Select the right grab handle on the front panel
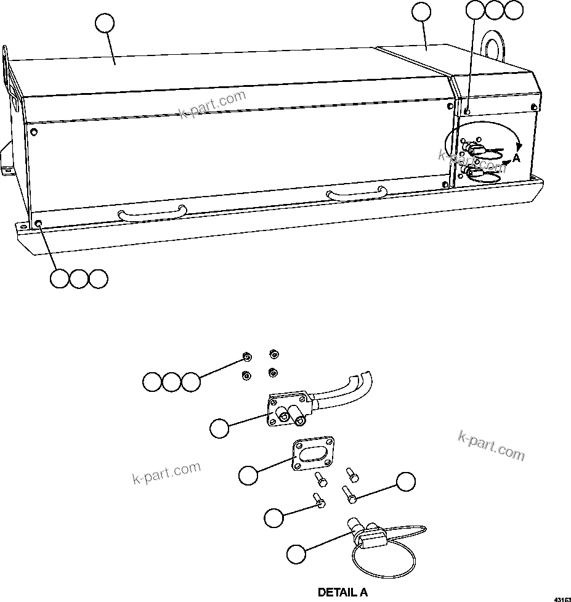357,194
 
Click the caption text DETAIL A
342,592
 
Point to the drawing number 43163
561,598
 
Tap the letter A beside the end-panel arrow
516,158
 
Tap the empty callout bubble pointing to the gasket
248,475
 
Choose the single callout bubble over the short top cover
421,11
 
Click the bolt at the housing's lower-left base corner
39,222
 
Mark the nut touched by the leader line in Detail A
246,357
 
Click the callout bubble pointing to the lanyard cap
296,553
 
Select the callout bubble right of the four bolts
405,482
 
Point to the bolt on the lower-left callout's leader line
319,500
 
